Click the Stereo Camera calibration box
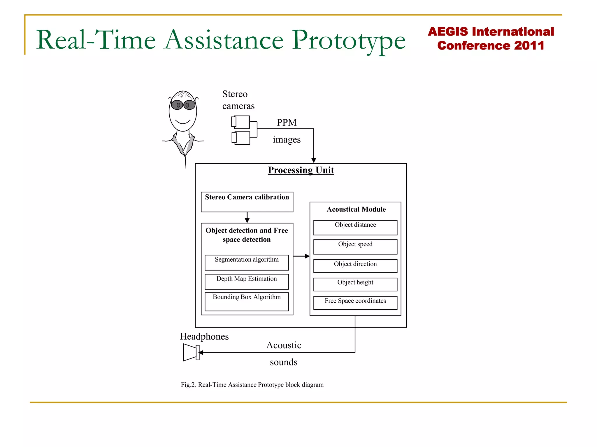point(247,202)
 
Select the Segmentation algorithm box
point(247,262)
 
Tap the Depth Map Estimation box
point(247,281)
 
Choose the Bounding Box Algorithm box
point(247,301)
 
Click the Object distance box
point(355,228)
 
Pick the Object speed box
point(355,247)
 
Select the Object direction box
point(355,266)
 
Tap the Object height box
point(355,284)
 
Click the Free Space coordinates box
point(355,303)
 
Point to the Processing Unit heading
point(301,170)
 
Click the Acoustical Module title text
point(356,210)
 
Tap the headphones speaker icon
point(191,352)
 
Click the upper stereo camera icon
point(241,122)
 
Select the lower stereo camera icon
point(241,138)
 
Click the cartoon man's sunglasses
point(183,105)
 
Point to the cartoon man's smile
point(183,122)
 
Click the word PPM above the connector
point(287,123)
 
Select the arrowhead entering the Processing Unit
point(314,160)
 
